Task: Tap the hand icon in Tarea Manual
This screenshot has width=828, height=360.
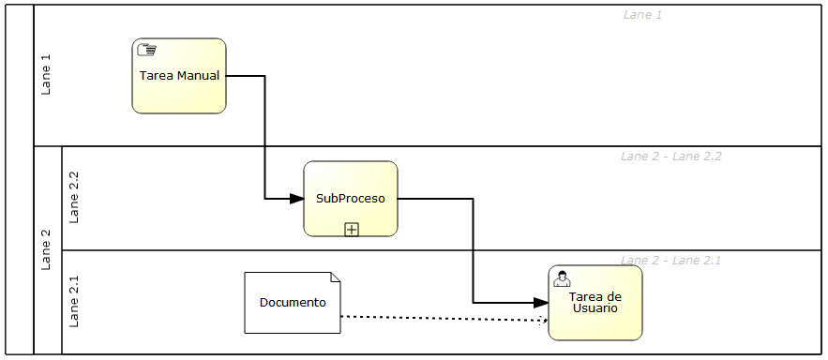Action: pyautogui.click(x=146, y=51)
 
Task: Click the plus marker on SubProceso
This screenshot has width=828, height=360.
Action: pyautogui.click(x=352, y=229)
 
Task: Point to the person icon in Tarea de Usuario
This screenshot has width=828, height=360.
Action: pyautogui.click(x=563, y=277)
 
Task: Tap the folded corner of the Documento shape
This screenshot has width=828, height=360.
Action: pyautogui.click(x=336, y=277)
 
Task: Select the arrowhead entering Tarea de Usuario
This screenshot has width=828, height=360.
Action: pyautogui.click(x=540, y=303)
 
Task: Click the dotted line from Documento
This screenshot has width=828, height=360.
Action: pyautogui.click(x=441, y=318)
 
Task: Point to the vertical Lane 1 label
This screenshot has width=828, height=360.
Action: pyautogui.click(x=46, y=75)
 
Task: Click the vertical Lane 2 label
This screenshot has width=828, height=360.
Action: pyautogui.click(x=46, y=249)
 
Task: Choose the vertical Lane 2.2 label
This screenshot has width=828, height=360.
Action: pyautogui.click(x=75, y=198)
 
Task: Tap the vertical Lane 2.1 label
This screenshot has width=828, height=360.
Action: pyautogui.click(x=75, y=302)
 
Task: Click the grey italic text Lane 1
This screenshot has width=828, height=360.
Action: pyautogui.click(x=642, y=15)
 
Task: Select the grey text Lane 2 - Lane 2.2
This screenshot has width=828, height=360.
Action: pyautogui.click(x=670, y=157)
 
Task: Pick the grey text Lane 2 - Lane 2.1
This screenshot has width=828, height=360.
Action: pyautogui.click(x=670, y=260)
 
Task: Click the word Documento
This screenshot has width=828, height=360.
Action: pyautogui.click(x=293, y=302)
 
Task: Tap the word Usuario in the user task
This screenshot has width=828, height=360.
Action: pyautogui.click(x=595, y=308)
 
